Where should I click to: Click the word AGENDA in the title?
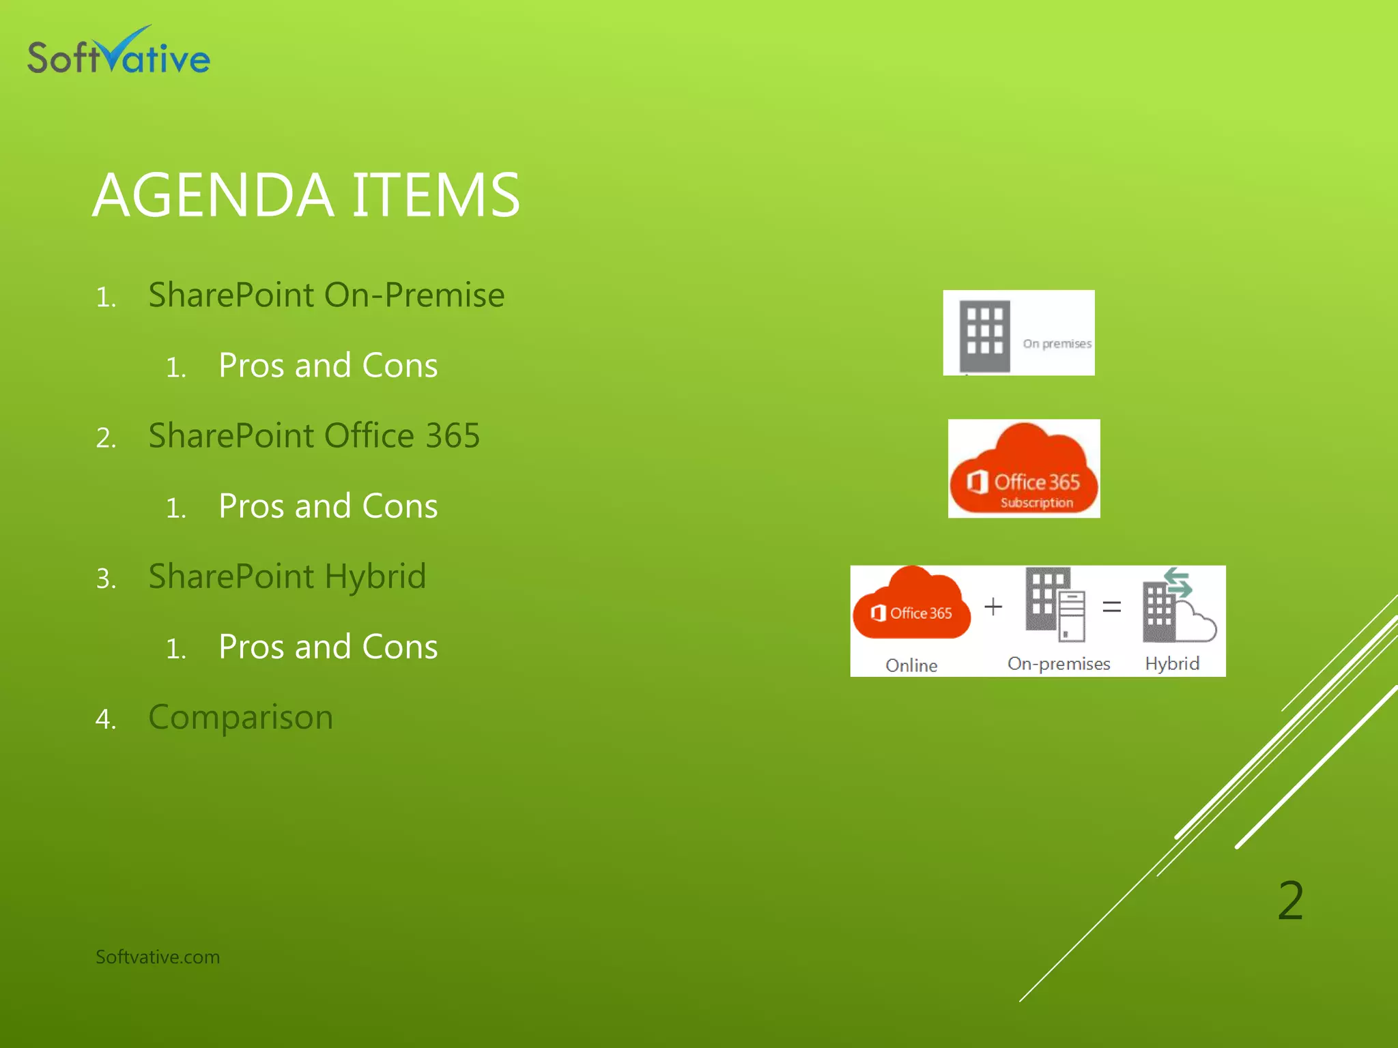pos(213,196)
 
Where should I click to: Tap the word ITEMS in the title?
pos(436,196)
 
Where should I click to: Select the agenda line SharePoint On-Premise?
pos(326,295)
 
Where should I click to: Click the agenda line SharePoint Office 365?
pos(314,436)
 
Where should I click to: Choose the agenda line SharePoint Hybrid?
pos(287,577)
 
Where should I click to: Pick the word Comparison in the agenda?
pos(240,717)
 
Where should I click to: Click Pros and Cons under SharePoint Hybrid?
pos(328,647)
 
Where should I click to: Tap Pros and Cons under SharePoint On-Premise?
pos(328,366)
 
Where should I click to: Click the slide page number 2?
pos(1290,901)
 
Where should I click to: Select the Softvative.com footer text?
pos(158,957)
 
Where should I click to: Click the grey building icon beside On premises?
pos(984,335)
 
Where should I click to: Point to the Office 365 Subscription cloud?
pos(1024,469)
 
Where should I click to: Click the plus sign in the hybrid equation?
pos(993,606)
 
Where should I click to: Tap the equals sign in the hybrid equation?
pos(1111,606)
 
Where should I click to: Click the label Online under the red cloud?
pos(911,665)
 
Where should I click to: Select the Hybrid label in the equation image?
pos(1172,663)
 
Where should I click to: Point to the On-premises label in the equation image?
pos(1059,663)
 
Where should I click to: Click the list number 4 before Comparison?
pos(105,719)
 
